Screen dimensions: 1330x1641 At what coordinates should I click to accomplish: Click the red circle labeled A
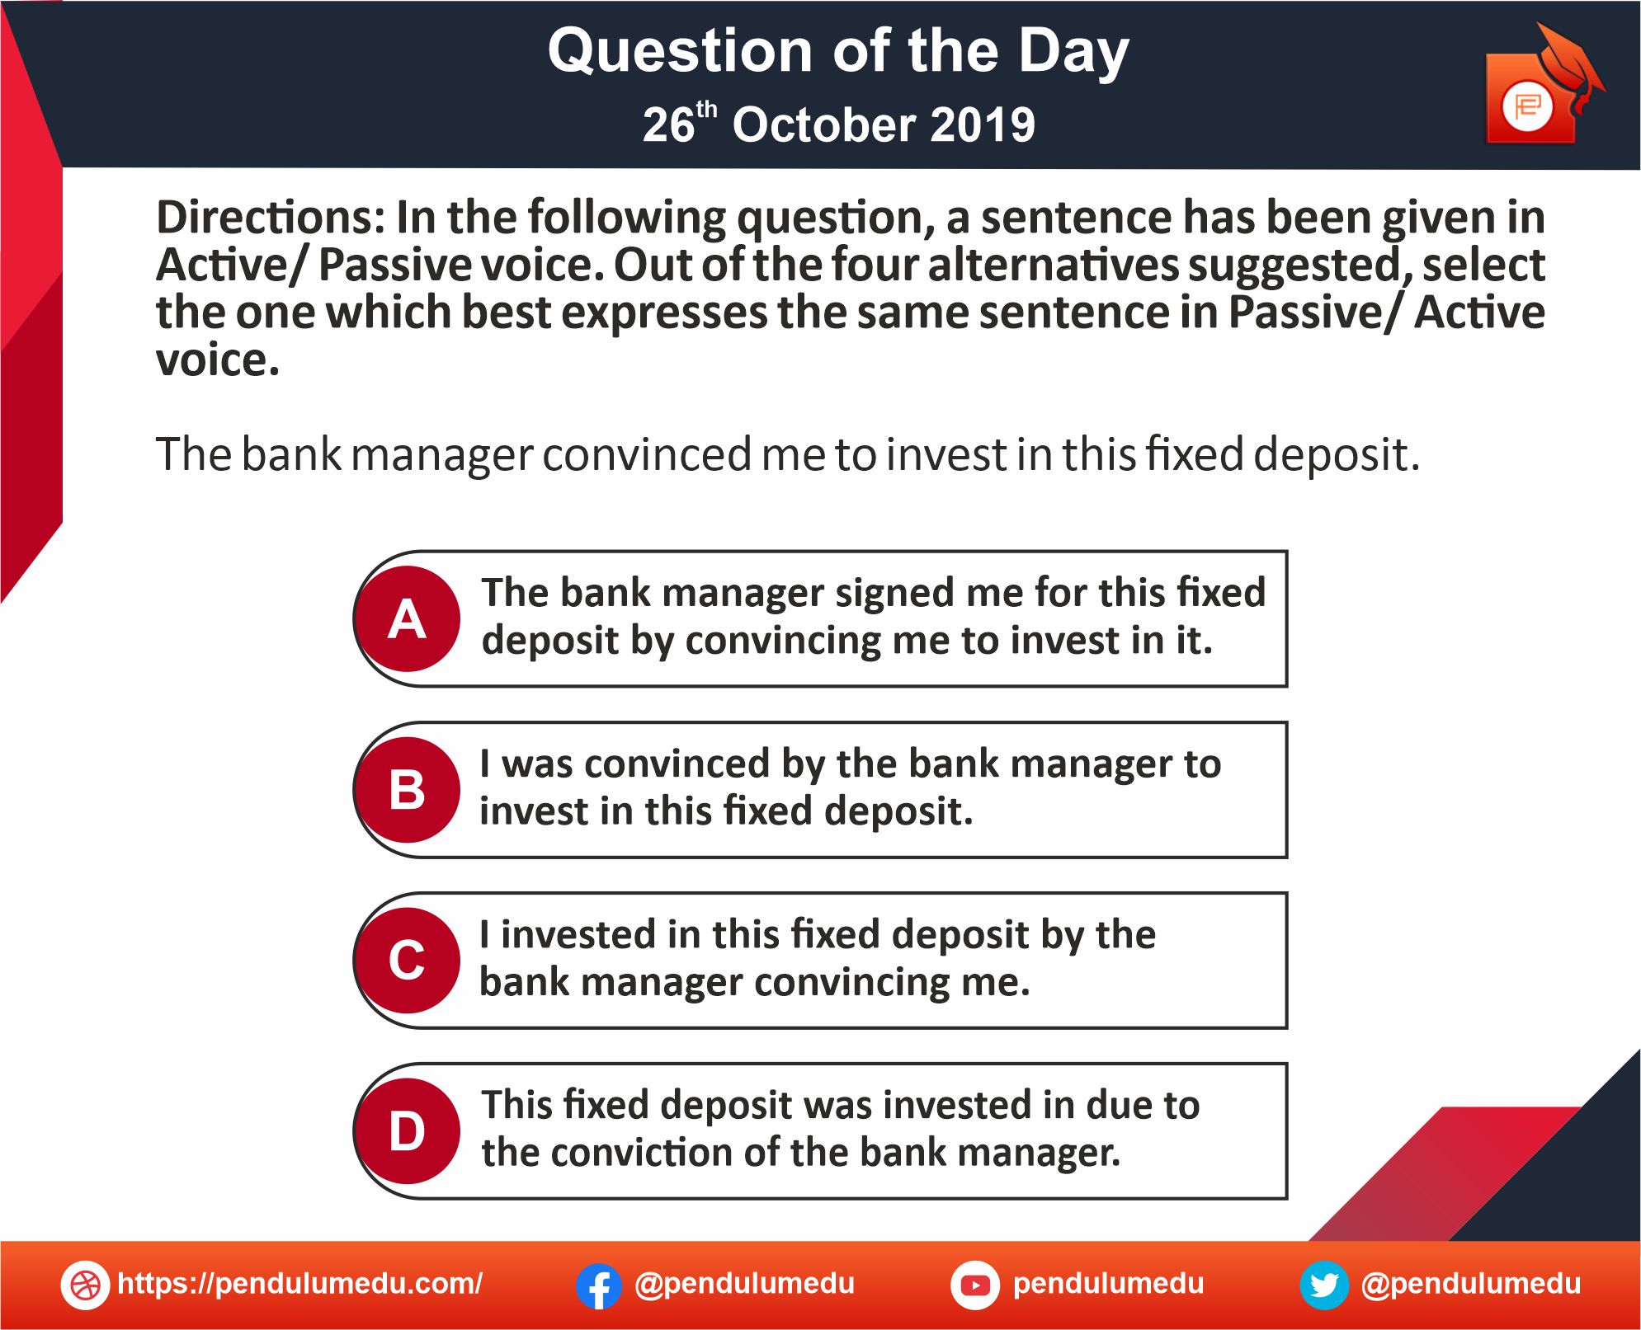pyautogui.click(x=408, y=618)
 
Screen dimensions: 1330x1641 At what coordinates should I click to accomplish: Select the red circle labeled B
pyautogui.click(x=408, y=790)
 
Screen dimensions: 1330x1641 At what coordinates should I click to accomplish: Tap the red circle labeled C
pyautogui.click(x=408, y=961)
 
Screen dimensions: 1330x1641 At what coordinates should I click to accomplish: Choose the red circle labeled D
pyautogui.click(x=408, y=1131)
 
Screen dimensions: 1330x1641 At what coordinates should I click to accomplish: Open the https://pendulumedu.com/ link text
pyautogui.click(x=300, y=1284)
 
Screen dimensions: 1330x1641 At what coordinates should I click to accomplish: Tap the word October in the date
pyautogui.click(x=824, y=125)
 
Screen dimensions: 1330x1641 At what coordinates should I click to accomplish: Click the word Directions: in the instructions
pyautogui.click(x=271, y=218)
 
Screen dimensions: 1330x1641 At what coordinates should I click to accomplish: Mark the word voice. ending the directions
pyautogui.click(x=218, y=361)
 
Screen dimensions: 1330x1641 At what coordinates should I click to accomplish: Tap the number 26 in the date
pyautogui.click(x=668, y=126)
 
